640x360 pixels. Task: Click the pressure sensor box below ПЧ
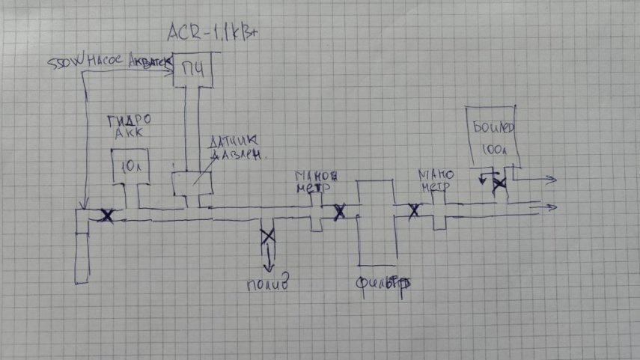point(191,183)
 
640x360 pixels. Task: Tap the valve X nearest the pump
point(107,216)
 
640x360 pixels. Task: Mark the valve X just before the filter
point(339,212)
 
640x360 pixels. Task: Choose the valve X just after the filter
point(412,210)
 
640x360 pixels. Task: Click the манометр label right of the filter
point(436,182)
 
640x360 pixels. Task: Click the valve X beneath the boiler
point(497,186)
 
